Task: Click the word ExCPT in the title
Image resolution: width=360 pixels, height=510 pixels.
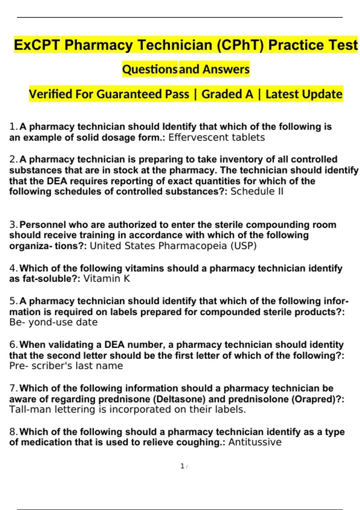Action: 37,45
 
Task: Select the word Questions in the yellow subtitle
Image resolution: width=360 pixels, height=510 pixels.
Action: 150,69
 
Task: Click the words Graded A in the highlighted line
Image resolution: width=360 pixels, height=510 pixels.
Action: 227,94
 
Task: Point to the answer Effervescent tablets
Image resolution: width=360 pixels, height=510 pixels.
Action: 217,137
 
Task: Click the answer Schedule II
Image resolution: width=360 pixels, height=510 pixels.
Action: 257,191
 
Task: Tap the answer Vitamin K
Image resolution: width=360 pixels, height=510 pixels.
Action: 106,279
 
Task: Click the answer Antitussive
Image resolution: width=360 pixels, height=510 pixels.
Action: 255,442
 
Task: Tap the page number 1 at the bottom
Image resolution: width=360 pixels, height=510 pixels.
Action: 182,466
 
